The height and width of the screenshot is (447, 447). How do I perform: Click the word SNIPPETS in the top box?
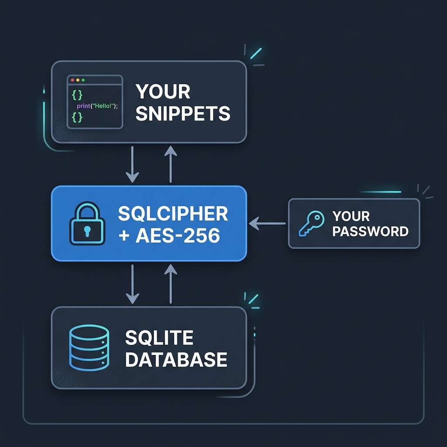click(183, 113)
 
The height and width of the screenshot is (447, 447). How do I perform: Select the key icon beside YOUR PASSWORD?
click(311, 223)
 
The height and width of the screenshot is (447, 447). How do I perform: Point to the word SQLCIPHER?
click(173, 214)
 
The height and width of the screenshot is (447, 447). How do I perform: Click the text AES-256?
click(178, 236)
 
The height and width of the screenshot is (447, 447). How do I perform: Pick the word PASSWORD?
click(370, 231)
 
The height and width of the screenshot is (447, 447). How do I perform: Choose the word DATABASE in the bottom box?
click(176, 359)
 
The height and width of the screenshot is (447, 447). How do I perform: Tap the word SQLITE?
click(159, 337)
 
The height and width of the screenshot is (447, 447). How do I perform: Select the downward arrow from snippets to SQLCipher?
click(132, 165)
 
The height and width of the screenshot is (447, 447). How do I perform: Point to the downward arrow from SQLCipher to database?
click(132, 284)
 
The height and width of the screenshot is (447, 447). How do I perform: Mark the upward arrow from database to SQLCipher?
click(170, 284)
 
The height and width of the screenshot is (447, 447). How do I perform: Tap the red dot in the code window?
click(72, 80)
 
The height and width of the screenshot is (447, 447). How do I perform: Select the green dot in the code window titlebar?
click(83, 80)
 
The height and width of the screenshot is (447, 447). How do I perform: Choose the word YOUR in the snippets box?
click(163, 92)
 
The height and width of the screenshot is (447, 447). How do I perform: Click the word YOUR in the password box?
click(351, 216)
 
